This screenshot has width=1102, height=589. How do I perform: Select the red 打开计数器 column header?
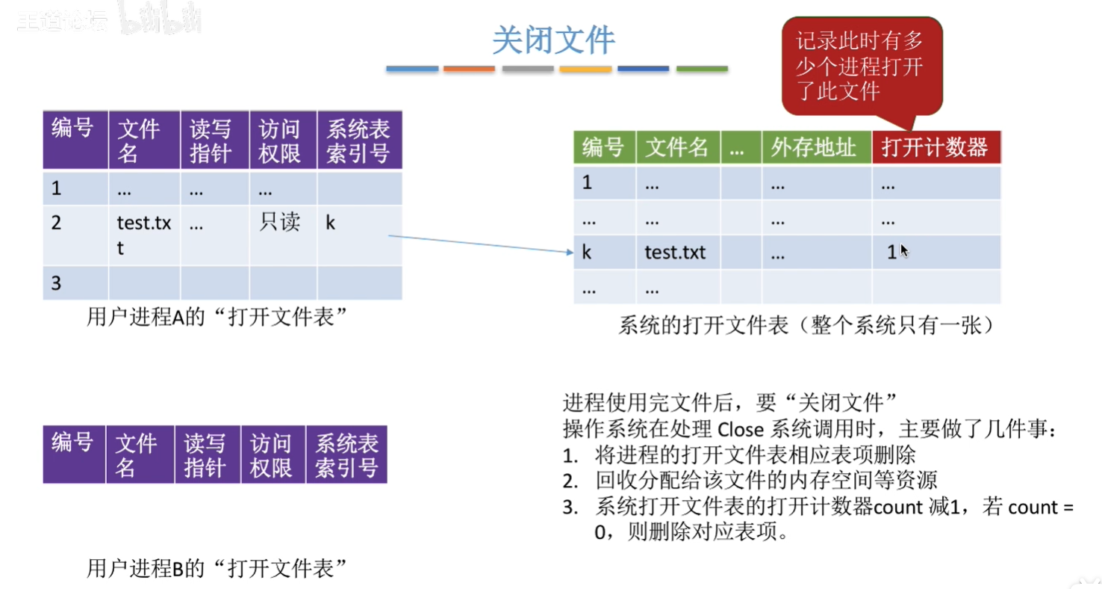pyautogui.click(x=935, y=147)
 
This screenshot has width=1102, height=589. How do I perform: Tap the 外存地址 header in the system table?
pyautogui.click(x=816, y=147)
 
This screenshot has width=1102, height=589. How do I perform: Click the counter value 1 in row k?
pyautogui.click(x=891, y=253)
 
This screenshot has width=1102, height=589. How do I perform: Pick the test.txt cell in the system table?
pyautogui.click(x=675, y=253)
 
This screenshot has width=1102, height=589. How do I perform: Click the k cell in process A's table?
pyautogui.click(x=330, y=223)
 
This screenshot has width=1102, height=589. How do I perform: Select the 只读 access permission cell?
pyautogui.click(x=279, y=223)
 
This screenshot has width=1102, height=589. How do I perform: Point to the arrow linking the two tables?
pyautogui.click(x=478, y=244)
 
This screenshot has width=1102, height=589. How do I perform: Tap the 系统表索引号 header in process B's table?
pyautogui.click(x=346, y=454)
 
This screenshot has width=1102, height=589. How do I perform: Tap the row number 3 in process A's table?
pyautogui.click(x=56, y=283)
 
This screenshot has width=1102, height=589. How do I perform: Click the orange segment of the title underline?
pyautogui.click(x=469, y=69)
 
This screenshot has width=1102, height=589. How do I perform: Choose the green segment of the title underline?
pyautogui.click(x=702, y=69)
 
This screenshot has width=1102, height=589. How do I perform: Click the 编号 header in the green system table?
pyautogui.click(x=603, y=147)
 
